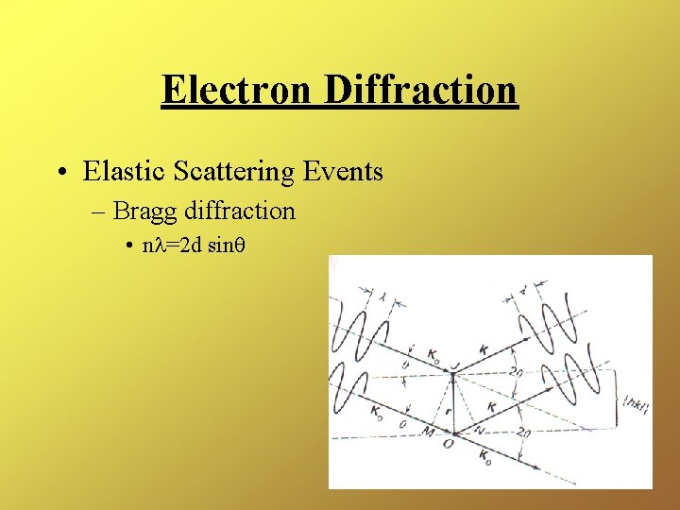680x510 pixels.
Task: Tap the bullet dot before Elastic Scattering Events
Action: [x=60, y=172]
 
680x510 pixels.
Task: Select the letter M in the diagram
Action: [x=429, y=433]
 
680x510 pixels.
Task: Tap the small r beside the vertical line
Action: [x=444, y=412]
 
